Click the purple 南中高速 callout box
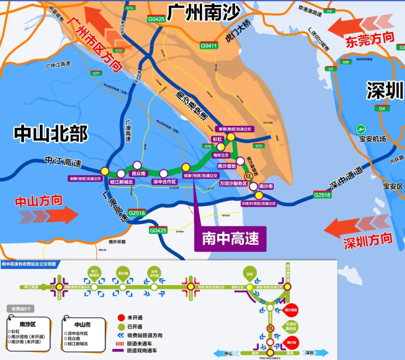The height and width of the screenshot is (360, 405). pos(230,239)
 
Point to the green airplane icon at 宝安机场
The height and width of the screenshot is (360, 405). pos(361,129)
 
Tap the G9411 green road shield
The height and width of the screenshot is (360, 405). pos(208,46)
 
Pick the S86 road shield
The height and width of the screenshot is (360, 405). pos(346,62)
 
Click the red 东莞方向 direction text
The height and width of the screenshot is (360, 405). pos(370,39)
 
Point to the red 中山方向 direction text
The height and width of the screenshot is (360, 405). pos(39,201)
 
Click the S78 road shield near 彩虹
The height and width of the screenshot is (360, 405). pos(207,146)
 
